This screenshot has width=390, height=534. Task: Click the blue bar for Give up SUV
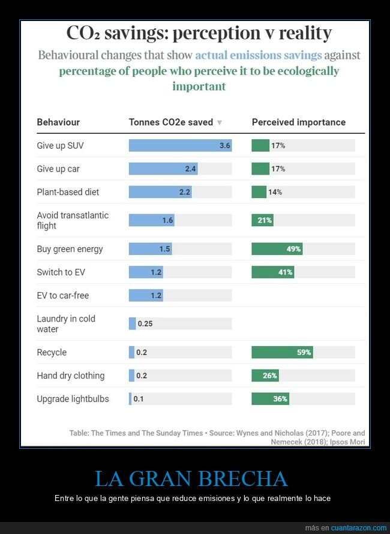180,146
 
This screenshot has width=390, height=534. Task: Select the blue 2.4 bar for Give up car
163,169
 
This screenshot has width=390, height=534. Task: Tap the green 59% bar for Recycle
282,352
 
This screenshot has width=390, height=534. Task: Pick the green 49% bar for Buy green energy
277,249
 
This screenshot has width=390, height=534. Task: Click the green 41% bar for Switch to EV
272,272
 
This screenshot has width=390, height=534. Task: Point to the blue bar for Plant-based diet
160,192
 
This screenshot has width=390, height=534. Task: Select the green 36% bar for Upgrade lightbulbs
270,398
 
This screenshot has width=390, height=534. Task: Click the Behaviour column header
58,122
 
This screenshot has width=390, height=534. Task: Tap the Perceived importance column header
298,122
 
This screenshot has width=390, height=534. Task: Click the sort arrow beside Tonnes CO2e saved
220,122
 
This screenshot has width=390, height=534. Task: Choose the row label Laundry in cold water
66,324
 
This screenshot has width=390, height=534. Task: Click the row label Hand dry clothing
70,376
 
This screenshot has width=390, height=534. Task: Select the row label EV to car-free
62,295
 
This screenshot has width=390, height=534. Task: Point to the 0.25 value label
145,324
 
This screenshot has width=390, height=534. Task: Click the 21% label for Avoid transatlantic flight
265,220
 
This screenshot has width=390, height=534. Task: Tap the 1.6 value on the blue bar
167,220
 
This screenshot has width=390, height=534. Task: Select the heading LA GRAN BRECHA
191,479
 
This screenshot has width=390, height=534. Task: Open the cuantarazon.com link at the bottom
359,528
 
